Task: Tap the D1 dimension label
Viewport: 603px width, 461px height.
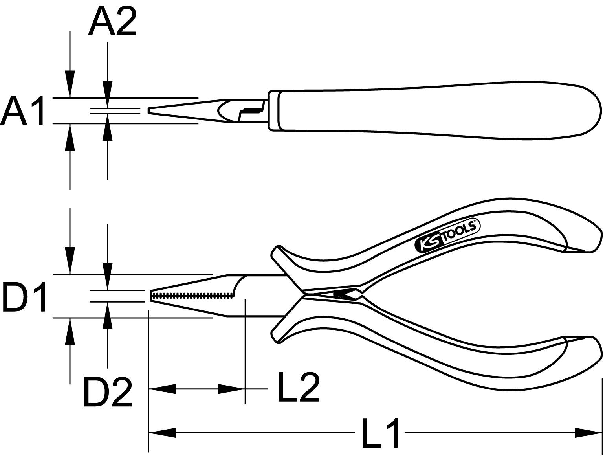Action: point(24,297)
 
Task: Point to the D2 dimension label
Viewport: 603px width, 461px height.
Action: point(107,392)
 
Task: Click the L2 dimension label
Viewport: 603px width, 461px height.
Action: point(299,388)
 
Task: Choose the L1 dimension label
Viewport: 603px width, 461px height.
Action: point(380,433)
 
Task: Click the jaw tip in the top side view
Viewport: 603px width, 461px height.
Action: point(149,111)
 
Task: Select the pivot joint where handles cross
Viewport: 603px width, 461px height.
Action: point(338,294)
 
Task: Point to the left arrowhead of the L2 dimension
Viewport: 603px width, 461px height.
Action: point(162,389)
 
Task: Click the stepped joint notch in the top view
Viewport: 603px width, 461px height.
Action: point(251,111)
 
